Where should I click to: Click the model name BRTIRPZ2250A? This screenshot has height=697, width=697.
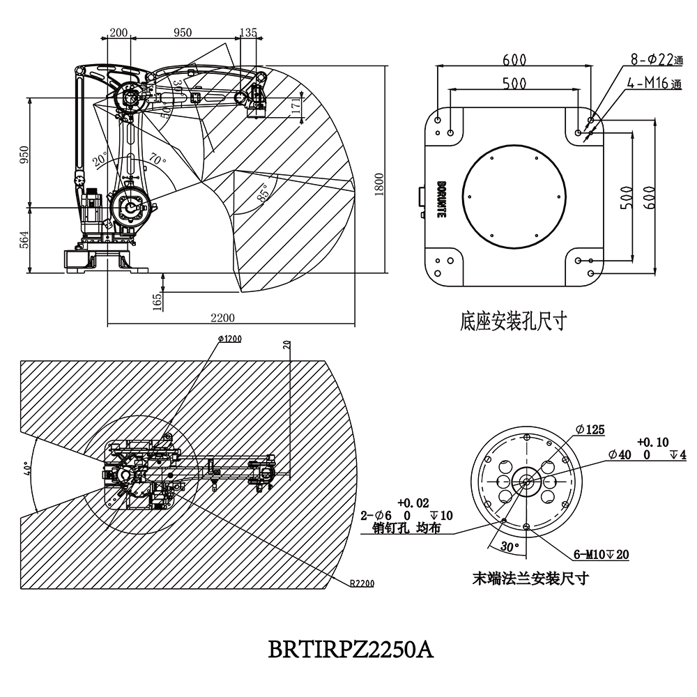[x=351, y=650]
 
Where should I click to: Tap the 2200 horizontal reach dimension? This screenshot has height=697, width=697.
[x=223, y=318]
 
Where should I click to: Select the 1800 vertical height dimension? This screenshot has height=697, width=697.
[x=378, y=185]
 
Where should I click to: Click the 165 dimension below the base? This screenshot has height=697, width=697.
[x=157, y=300]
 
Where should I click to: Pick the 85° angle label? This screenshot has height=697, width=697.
[x=263, y=192]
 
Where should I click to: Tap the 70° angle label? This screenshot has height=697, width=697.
[x=157, y=161]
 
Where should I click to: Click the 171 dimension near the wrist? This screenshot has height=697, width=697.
[x=297, y=106]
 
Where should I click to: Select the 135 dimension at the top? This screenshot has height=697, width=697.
[x=248, y=32]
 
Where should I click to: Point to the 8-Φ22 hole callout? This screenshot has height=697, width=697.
[x=652, y=61]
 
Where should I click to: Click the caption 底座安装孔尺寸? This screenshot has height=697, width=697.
[x=512, y=321]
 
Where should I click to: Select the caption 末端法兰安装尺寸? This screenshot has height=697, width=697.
[x=531, y=578]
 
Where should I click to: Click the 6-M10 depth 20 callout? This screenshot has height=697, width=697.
[x=601, y=555]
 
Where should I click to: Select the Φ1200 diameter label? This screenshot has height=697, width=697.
[x=229, y=339]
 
